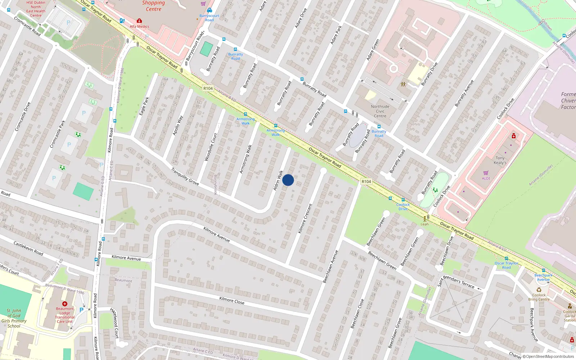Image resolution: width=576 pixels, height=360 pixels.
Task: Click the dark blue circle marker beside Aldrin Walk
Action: pos(288,180)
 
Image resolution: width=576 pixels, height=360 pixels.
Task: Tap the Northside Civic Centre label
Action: pos(380,111)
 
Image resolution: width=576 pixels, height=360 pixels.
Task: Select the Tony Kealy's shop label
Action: pos(500,161)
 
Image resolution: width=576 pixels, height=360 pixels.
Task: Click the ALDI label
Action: pos(486,178)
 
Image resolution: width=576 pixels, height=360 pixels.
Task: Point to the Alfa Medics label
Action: pos(139,26)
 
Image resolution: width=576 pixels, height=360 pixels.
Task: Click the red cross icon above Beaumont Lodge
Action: pos(65,304)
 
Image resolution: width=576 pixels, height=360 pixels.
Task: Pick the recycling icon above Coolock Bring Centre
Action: pos(539,290)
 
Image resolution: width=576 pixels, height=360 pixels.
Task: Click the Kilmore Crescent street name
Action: pos(305,219)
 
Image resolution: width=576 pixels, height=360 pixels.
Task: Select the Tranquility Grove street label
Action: pos(185,176)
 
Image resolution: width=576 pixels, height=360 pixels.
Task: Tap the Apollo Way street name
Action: pos(178,125)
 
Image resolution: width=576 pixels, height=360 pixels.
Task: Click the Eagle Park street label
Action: pos(144,106)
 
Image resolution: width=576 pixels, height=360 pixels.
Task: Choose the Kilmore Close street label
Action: pos(232,300)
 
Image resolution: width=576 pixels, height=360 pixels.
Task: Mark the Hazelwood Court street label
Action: pos(114,323)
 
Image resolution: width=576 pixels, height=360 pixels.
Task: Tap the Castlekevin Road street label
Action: pos(28,248)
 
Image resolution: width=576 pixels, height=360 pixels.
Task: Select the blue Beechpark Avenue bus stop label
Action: pos(543,277)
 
